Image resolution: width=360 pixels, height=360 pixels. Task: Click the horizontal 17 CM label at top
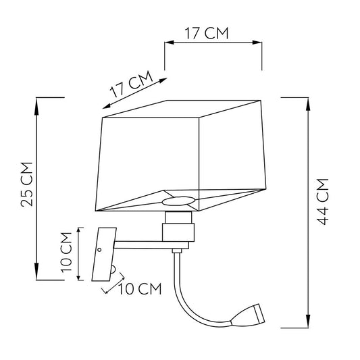(207, 33)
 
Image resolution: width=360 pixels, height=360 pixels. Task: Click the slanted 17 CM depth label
(132, 84)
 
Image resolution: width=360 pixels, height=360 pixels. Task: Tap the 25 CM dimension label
(27, 184)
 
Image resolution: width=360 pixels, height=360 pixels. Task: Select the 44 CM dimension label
(322, 201)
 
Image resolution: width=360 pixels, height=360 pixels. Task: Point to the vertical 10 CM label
(66, 253)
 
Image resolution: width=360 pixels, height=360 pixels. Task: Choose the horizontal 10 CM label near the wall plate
(140, 289)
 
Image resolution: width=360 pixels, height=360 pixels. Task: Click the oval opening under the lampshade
(178, 201)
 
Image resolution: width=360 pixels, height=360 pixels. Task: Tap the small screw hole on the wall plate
(99, 250)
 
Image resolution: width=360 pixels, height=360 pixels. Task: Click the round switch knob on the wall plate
(113, 269)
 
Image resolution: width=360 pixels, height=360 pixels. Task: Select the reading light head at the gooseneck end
(249, 315)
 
